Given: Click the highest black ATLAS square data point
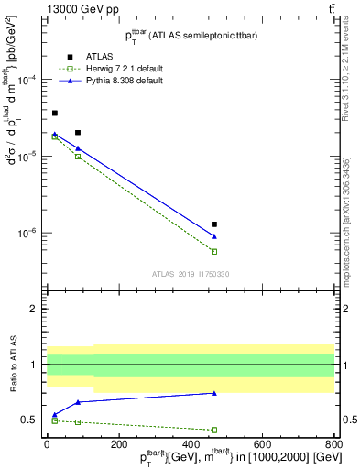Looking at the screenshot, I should tap(55, 113).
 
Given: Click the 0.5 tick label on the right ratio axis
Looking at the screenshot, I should tap(349, 420).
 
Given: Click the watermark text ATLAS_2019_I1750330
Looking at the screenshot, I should tap(191, 274).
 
